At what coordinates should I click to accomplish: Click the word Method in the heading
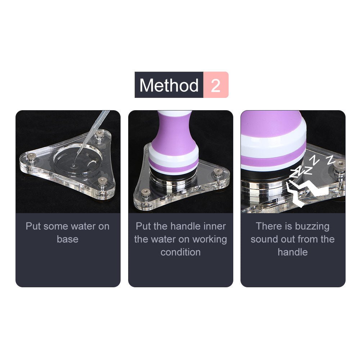169,85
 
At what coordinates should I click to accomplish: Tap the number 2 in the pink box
216,85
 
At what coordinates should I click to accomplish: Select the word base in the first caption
68,239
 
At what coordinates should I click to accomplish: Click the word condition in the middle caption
180,252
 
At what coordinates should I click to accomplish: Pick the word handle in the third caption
292,252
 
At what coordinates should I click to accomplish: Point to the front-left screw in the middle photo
145,193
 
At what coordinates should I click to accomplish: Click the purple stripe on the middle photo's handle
173,163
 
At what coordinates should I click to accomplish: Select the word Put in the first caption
33,226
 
